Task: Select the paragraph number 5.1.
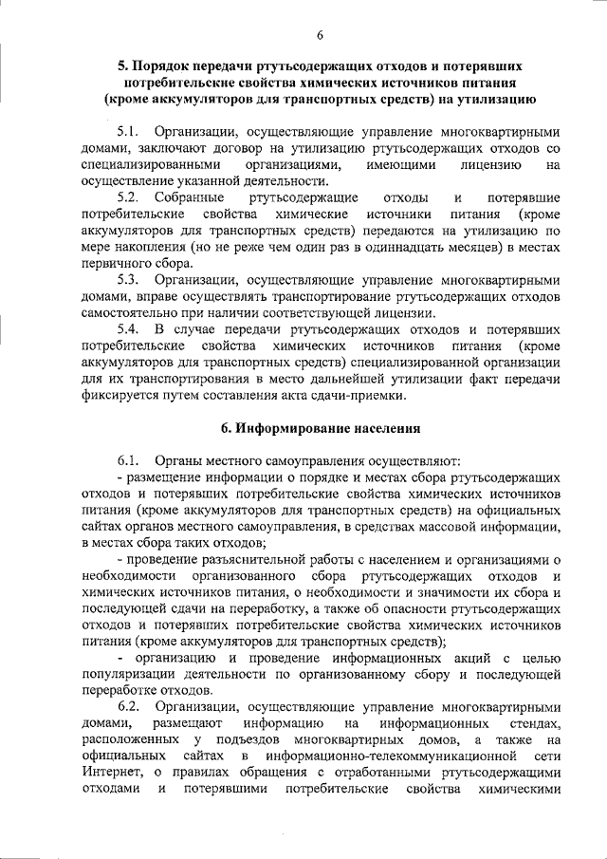(130, 133)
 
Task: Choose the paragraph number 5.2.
(130, 197)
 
